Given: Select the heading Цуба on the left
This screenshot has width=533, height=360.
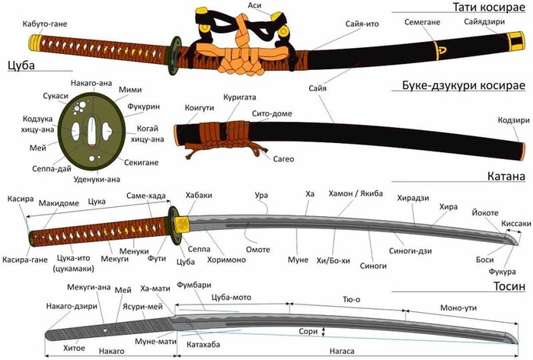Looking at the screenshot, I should [21, 65].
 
